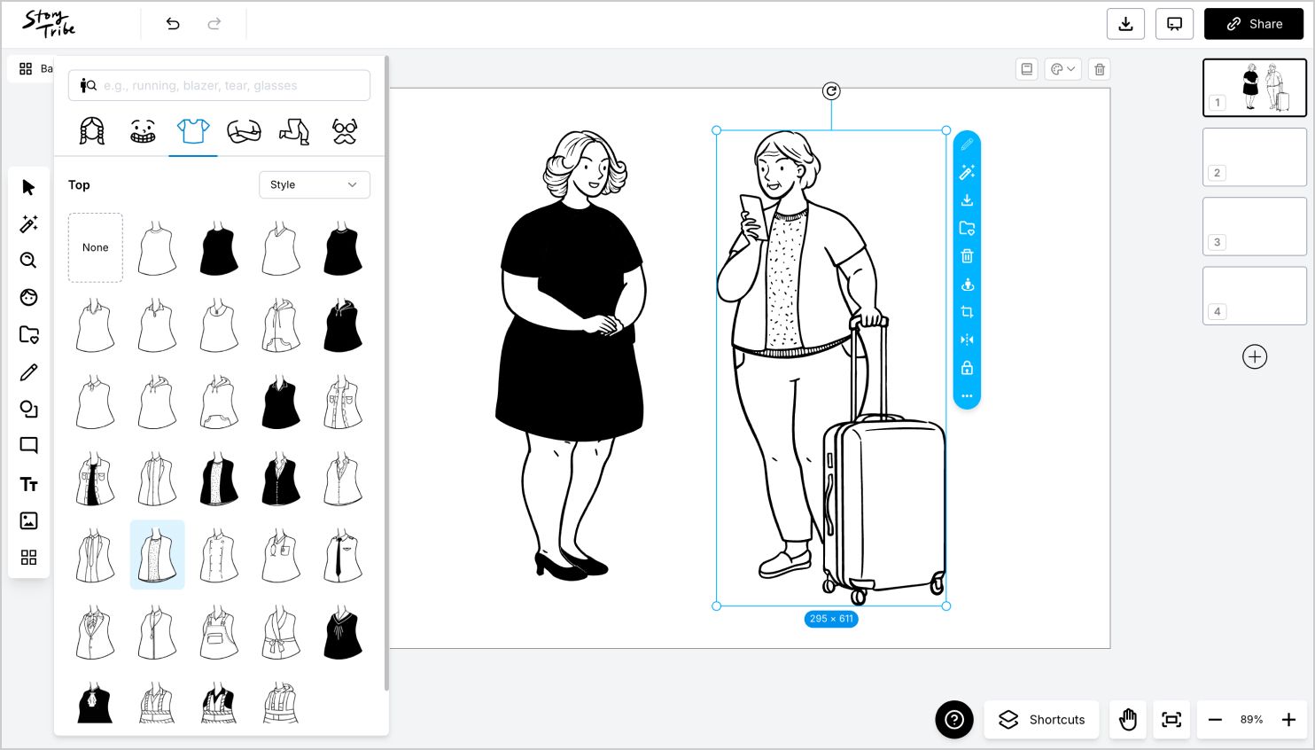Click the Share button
tap(1253, 24)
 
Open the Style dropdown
tap(314, 184)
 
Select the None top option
tap(96, 247)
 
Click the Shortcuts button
tap(1042, 719)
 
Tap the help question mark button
tap(954, 719)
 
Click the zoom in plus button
tap(1288, 719)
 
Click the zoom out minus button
tap(1215, 719)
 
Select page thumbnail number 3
tap(1254, 227)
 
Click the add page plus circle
tap(1255, 356)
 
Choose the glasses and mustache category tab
tap(345, 131)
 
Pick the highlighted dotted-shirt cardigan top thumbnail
tap(158, 555)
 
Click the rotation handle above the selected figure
tap(831, 90)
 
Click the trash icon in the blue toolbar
tap(967, 256)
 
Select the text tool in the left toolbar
tap(28, 484)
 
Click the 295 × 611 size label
tap(831, 619)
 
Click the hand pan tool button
tap(1128, 719)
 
